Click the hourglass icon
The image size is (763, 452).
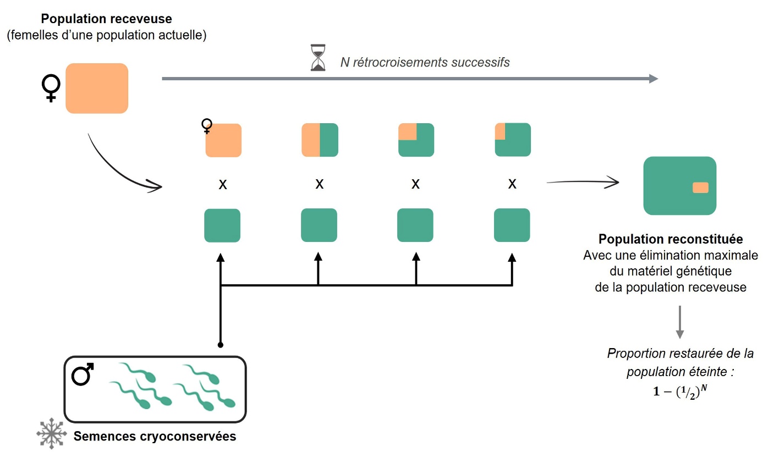317,58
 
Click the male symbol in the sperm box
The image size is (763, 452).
83,374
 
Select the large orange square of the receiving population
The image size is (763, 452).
97,88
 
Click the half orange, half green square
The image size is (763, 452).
320,140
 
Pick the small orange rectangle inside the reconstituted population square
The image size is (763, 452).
700,188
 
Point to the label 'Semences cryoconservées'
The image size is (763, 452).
155,437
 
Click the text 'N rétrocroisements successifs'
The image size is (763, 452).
425,62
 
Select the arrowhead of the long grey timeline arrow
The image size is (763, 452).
654,79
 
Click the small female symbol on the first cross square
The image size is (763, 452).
207,126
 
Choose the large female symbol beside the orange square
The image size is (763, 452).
51,88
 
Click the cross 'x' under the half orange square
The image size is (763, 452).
319,184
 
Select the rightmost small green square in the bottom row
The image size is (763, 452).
512,225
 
